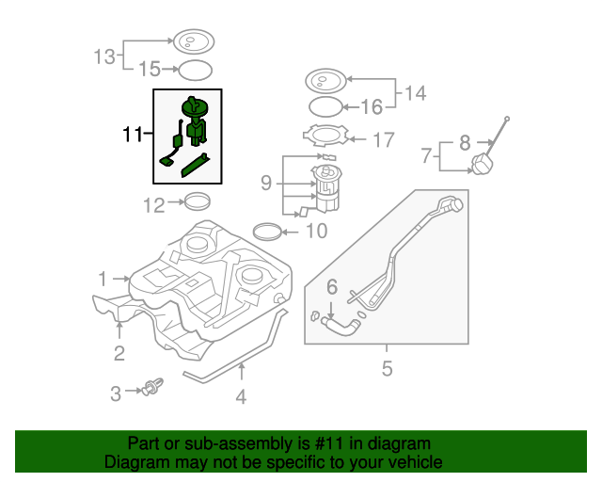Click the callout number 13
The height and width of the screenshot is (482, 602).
click(x=104, y=56)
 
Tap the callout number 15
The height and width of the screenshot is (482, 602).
click(x=150, y=69)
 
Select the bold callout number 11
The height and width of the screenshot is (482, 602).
click(x=133, y=136)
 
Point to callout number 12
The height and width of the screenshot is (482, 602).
click(x=153, y=203)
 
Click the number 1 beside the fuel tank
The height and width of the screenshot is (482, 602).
click(x=103, y=279)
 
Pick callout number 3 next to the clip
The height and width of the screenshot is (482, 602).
click(x=116, y=394)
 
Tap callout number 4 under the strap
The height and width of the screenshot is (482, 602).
click(x=241, y=397)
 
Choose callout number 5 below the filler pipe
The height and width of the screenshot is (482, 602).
click(x=387, y=369)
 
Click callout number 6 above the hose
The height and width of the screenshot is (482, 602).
click(x=332, y=286)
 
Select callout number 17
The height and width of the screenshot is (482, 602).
click(x=383, y=140)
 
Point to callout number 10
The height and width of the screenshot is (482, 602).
click(x=316, y=231)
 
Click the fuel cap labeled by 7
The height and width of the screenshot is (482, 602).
click(x=483, y=165)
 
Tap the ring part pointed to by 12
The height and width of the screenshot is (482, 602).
click(x=196, y=200)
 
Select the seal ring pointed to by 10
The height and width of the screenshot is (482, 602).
click(x=267, y=231)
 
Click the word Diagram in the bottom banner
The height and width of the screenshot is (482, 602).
click(x=138, y=462)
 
